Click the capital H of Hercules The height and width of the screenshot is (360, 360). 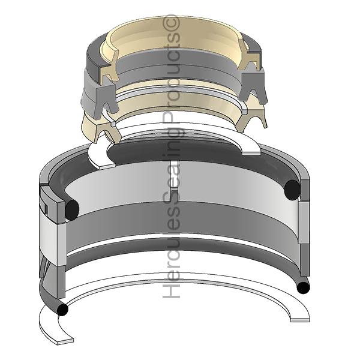tap(173, 291)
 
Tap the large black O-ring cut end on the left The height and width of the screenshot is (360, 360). tap(71, 208)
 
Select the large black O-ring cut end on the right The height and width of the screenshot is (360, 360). tap(292, 190)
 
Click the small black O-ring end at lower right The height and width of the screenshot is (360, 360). tap(304, 287)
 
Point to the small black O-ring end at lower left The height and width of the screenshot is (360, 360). tap(62, 310)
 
